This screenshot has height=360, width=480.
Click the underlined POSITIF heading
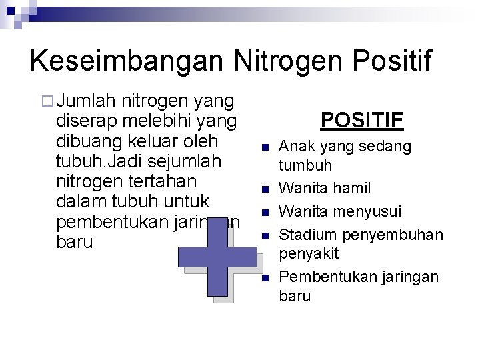tap(361, 120)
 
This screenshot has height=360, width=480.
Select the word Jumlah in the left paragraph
tap(87, 101)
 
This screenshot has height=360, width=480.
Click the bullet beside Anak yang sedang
tap(265, 147)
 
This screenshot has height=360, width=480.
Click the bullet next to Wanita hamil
tap(265, 190)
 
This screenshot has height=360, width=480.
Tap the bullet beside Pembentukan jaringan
tap(265, 278)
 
